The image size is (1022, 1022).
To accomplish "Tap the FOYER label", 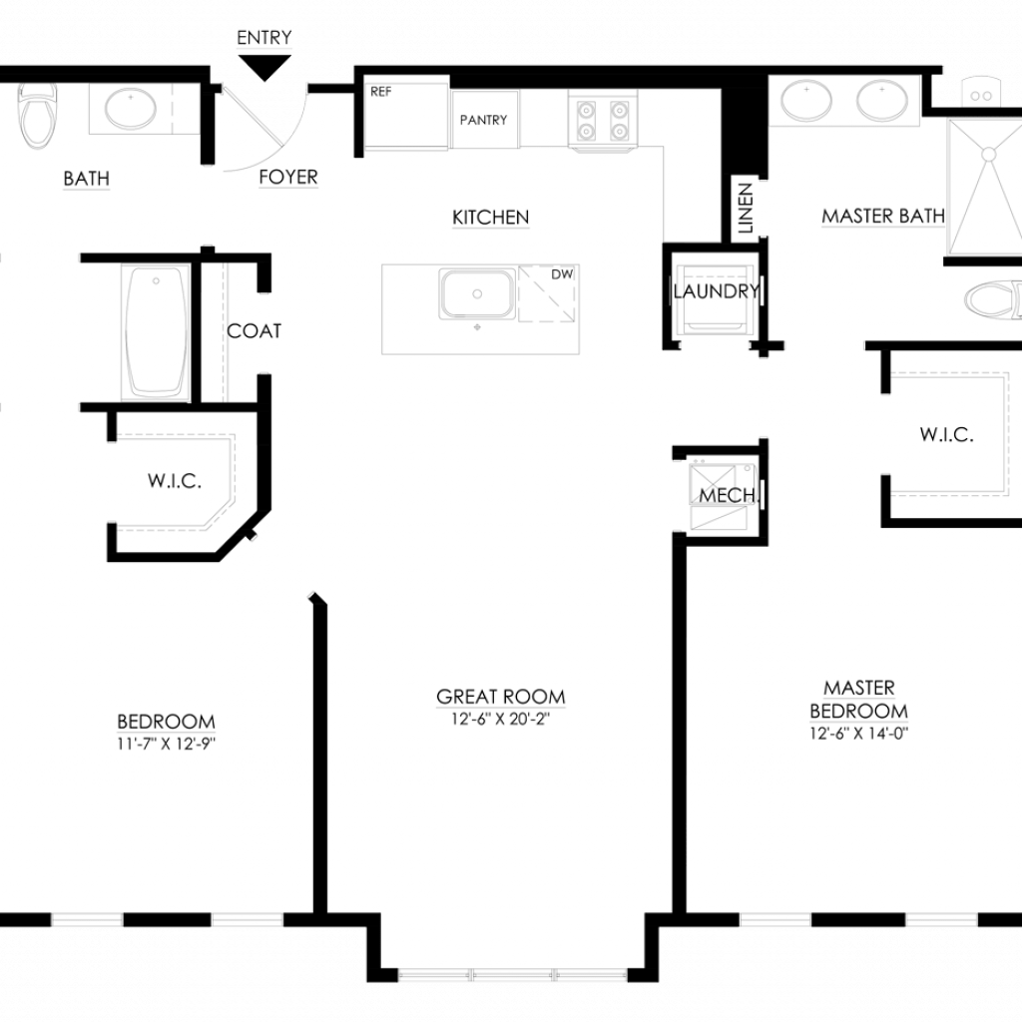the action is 288,177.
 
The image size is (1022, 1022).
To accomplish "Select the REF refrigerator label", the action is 381,92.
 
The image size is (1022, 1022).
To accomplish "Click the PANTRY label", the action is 484,120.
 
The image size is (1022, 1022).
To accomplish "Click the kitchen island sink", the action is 477,293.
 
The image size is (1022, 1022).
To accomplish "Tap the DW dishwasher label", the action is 562,274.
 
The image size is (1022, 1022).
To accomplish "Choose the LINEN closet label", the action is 746,208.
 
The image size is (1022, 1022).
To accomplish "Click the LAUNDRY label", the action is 717,291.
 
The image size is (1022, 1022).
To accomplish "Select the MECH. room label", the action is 728,495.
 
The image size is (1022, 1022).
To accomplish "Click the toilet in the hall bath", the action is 37,116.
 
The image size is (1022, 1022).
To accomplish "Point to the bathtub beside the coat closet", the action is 156,331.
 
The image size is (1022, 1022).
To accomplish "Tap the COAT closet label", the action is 255,331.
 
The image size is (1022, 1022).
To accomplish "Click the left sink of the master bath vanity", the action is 806,101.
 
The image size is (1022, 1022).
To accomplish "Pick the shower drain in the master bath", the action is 988,155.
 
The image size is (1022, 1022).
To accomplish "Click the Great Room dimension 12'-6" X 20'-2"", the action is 501,719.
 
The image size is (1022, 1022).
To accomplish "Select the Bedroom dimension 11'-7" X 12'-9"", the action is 167,743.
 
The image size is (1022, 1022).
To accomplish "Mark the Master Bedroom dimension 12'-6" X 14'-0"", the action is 859,734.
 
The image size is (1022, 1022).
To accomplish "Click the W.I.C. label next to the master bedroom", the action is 947,435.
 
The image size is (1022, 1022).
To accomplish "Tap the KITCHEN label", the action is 491,217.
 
